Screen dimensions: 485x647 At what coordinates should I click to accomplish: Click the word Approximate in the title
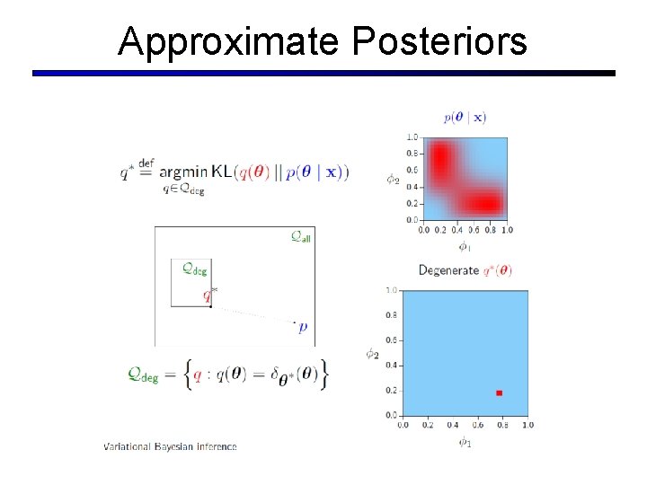(228, 41)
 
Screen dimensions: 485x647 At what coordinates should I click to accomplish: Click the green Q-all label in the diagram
(301, 237)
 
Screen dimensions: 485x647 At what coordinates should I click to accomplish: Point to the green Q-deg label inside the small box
(194, 268)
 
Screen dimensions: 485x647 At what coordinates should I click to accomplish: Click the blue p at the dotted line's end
(303, 328)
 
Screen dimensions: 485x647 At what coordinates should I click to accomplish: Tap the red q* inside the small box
(208, 293)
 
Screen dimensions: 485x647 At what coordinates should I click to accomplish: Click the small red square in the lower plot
(499, 392)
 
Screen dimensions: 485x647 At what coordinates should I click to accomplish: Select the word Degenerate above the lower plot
(448, 270)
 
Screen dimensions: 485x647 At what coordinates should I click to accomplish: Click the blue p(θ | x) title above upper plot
(465, 117)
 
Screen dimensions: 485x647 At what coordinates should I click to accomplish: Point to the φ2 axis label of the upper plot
(393, 179)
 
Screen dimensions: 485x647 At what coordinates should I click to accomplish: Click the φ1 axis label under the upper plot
(464, 245)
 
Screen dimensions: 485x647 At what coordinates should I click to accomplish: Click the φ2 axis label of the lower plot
(372, 353)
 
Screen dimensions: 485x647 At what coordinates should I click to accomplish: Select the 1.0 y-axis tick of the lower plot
(391, 291)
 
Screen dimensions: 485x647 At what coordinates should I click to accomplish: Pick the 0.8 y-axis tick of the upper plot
(412, 154)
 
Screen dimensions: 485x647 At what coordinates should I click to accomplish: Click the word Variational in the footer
(128, 446)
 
